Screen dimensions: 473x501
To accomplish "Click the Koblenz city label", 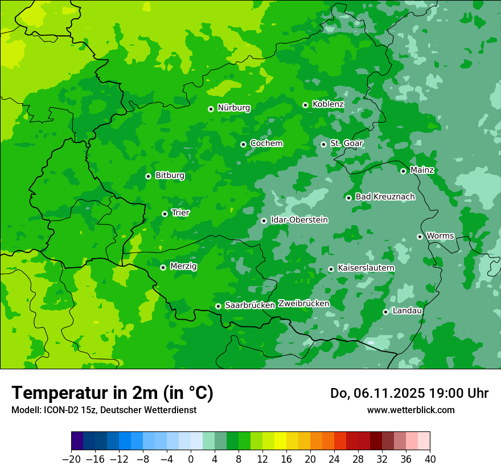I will point(328,104).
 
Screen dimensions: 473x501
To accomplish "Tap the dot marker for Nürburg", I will point(211,108).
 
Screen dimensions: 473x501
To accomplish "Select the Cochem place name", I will point(266,144).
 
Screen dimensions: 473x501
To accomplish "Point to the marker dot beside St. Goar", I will point(323,144).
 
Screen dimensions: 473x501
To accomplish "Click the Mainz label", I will point(422,170).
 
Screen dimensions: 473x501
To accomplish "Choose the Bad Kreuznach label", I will point(385,197).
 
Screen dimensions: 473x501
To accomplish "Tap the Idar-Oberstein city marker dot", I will point(264,221).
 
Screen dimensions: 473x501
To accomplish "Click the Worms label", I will point(440,236).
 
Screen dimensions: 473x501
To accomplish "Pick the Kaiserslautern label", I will point(366,268).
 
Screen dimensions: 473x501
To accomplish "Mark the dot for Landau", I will point(385,312).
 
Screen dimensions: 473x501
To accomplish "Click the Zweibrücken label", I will point(303,304).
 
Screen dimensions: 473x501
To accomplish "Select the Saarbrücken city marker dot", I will point(218,306).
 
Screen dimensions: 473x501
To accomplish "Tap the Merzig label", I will point(183,266).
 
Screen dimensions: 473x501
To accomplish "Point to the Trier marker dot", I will point(165,214).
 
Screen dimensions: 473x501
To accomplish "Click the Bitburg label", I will point(170,176).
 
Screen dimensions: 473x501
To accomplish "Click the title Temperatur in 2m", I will point(112,393).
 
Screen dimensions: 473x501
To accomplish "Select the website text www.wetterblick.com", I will point(410,410).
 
